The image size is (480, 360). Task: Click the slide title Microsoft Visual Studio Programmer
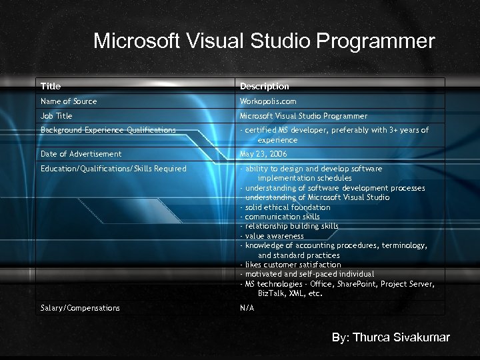(x=264, y=41)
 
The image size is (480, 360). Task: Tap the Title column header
(x=51, y=86)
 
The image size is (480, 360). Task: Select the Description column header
(x=265, y=86)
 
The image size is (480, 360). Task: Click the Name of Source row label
(x=69, y=101)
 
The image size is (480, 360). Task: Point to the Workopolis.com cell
(x=268, y=101)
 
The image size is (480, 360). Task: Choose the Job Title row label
(x=57, y=116)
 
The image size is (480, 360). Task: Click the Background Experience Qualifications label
(x=108, y=130)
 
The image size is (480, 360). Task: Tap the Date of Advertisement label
(x=81, y=154)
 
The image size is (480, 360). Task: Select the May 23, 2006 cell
(x=263, y=154)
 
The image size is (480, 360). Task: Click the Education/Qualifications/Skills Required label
(x=113, y=169)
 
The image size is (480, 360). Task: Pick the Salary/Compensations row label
(x=80, y=308)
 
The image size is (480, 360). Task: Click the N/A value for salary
(x=247, y=308)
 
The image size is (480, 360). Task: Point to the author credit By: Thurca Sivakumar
(x=391, y=337)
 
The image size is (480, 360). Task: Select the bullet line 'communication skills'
(x=282, y=217)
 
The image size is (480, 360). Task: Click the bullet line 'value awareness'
(x=274, y=236)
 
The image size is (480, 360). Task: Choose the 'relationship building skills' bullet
(x=291, y=226)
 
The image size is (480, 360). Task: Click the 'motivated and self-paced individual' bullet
(x=309, y=274)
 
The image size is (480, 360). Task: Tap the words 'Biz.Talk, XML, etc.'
(x=290, y=293)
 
